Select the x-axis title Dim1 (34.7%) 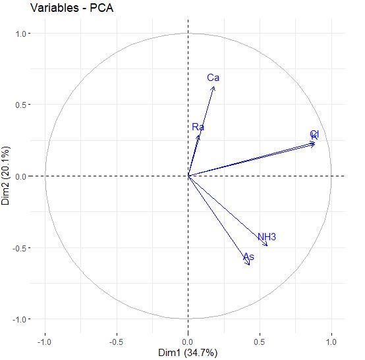(188, 353)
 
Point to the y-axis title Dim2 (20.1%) (7, 176)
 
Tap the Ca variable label (213, 78)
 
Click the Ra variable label (198, 126)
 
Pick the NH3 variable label (267, 237)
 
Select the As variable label (248, 257)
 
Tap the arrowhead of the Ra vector (199, 134)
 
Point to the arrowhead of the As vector (249, 265)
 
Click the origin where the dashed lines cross (188, 176)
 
